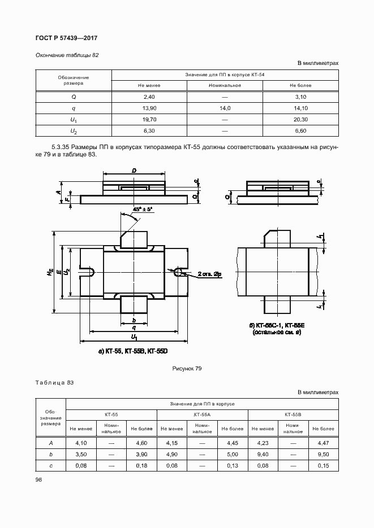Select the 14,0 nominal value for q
point(224,108)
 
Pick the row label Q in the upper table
point(74,97)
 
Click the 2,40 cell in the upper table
point(149,97)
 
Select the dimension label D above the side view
point(134,170)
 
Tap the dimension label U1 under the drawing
point(134,338)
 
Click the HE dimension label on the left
point(50,272)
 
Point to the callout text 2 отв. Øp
point(209,274)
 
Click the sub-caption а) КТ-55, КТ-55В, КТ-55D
point(134,351)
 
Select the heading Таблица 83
point(54,383)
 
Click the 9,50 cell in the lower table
point(323,454)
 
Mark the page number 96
point(39,479)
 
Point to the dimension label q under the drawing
point(134,327)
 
